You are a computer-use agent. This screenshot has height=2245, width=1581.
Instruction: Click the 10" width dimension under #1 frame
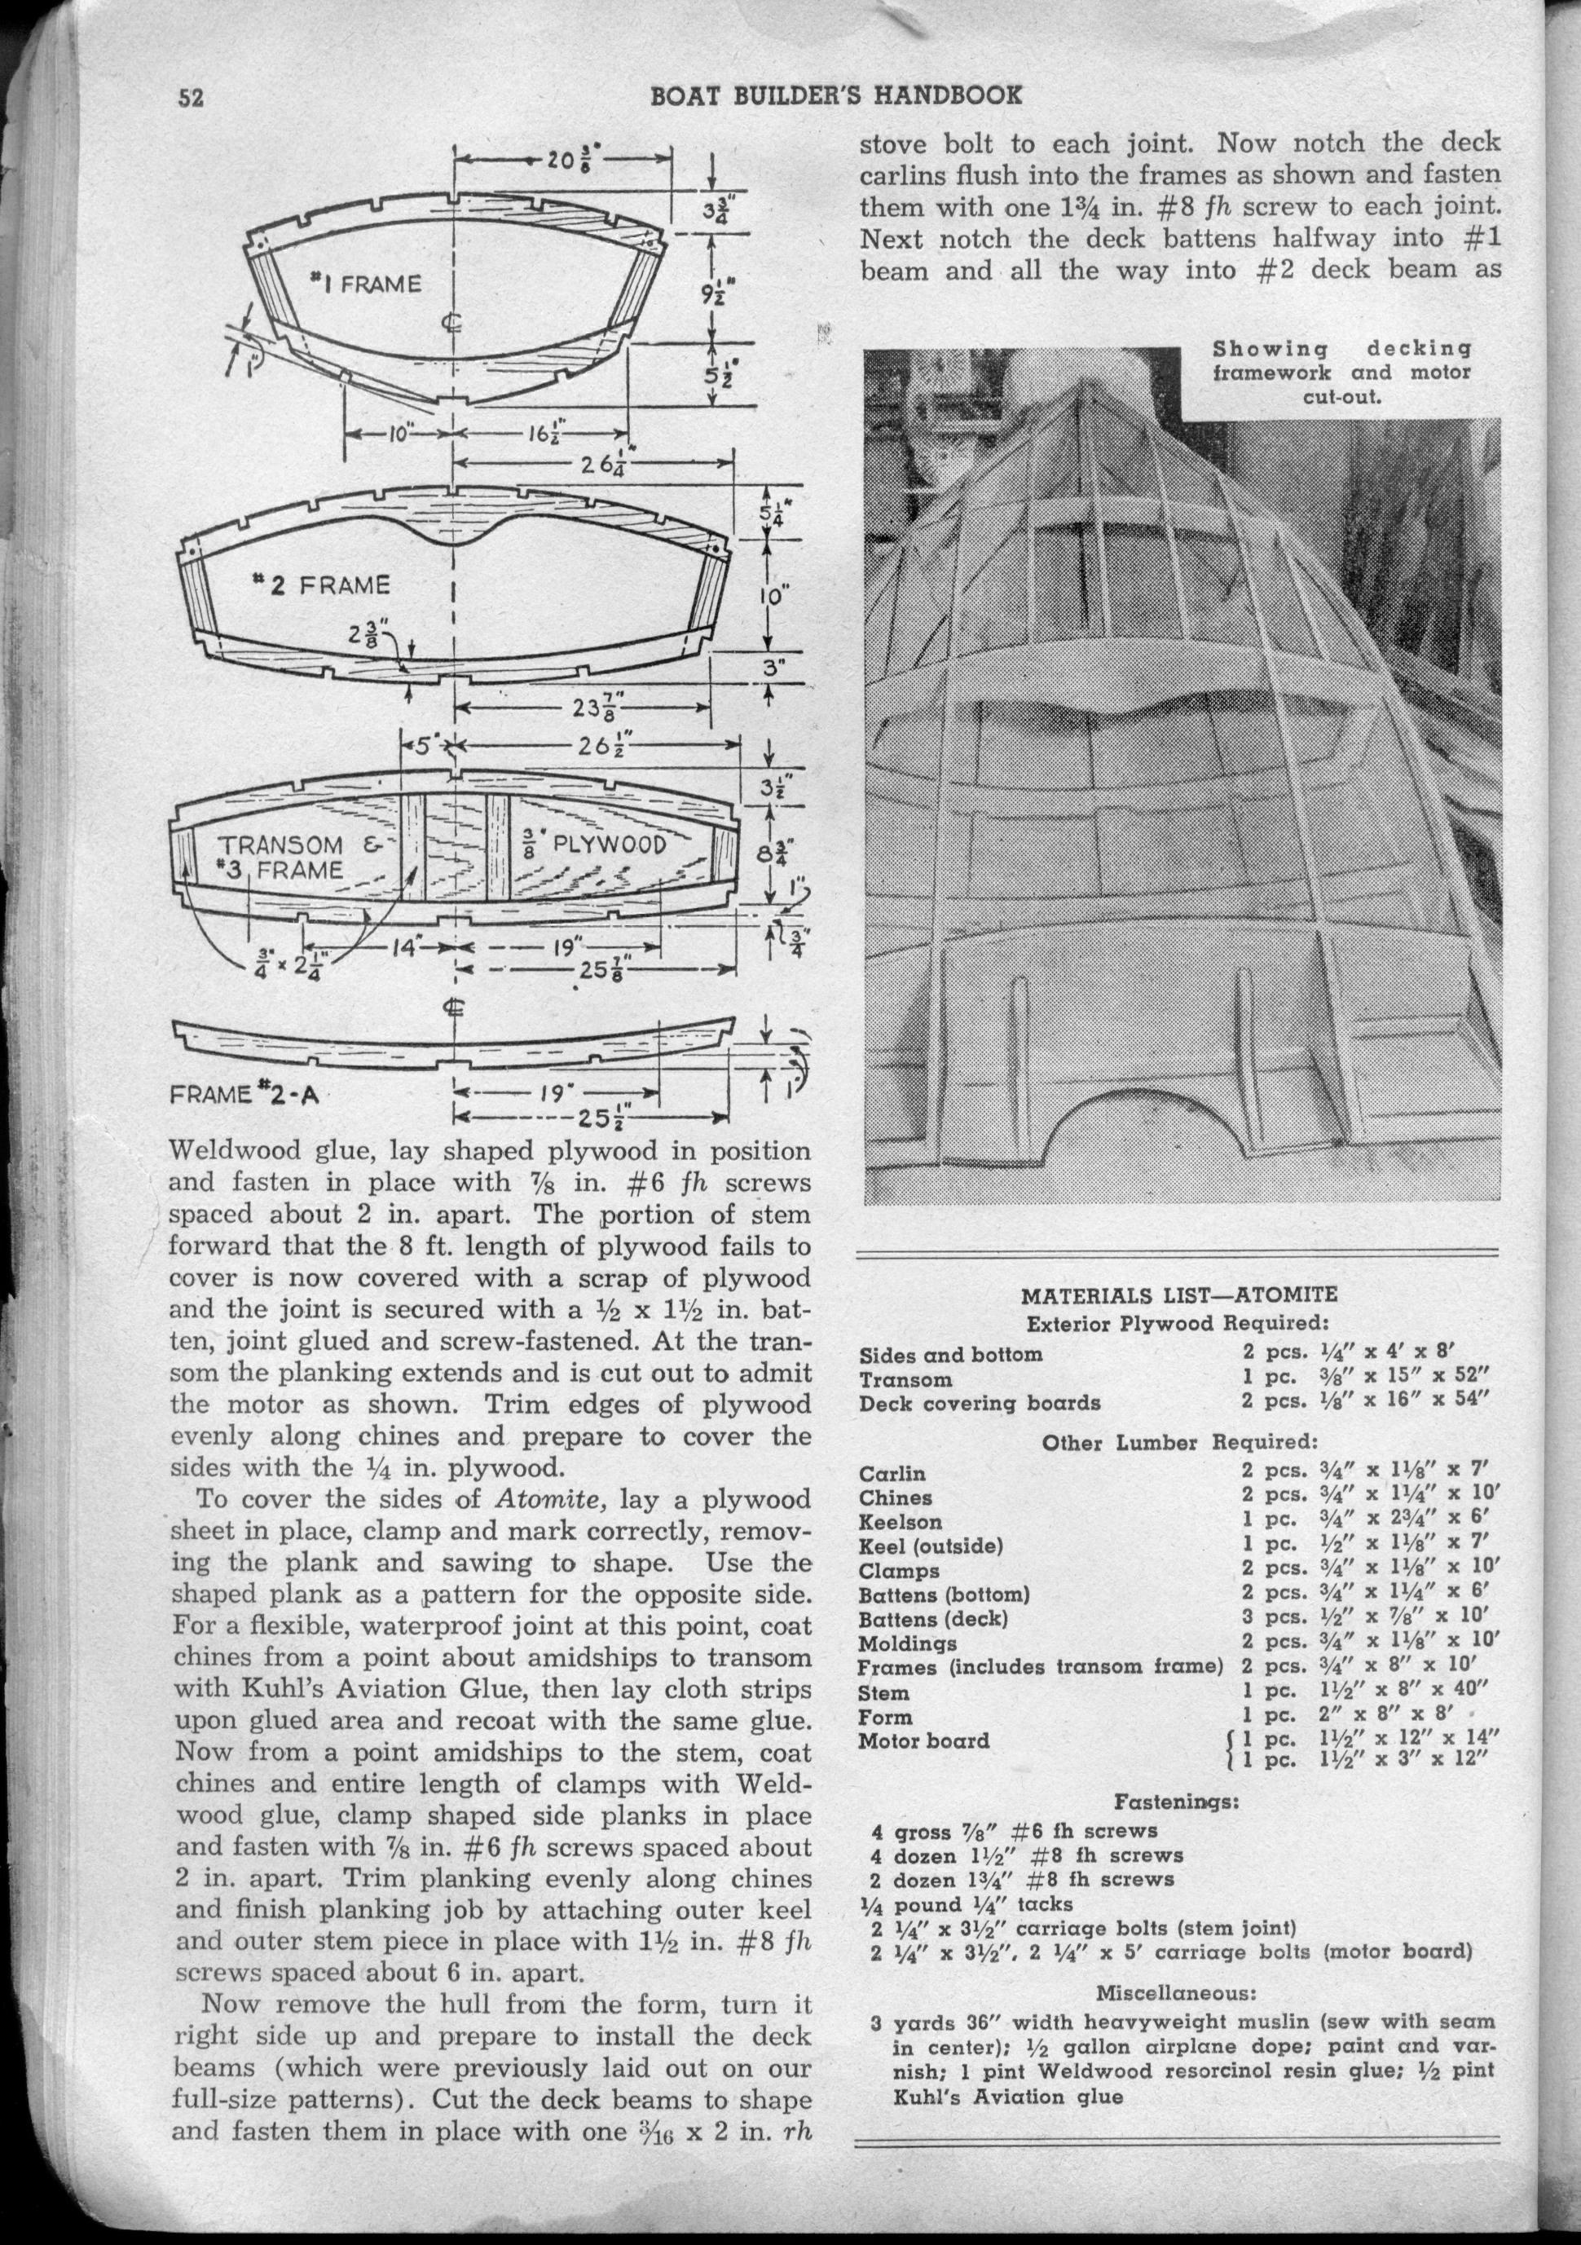[399, 431]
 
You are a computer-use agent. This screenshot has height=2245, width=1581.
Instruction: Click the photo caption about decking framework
[1341, 373]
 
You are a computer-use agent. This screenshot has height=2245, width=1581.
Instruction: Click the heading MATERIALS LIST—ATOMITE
[1178, 1295]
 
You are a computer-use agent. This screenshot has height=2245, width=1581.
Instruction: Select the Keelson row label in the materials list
[900, 1523]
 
